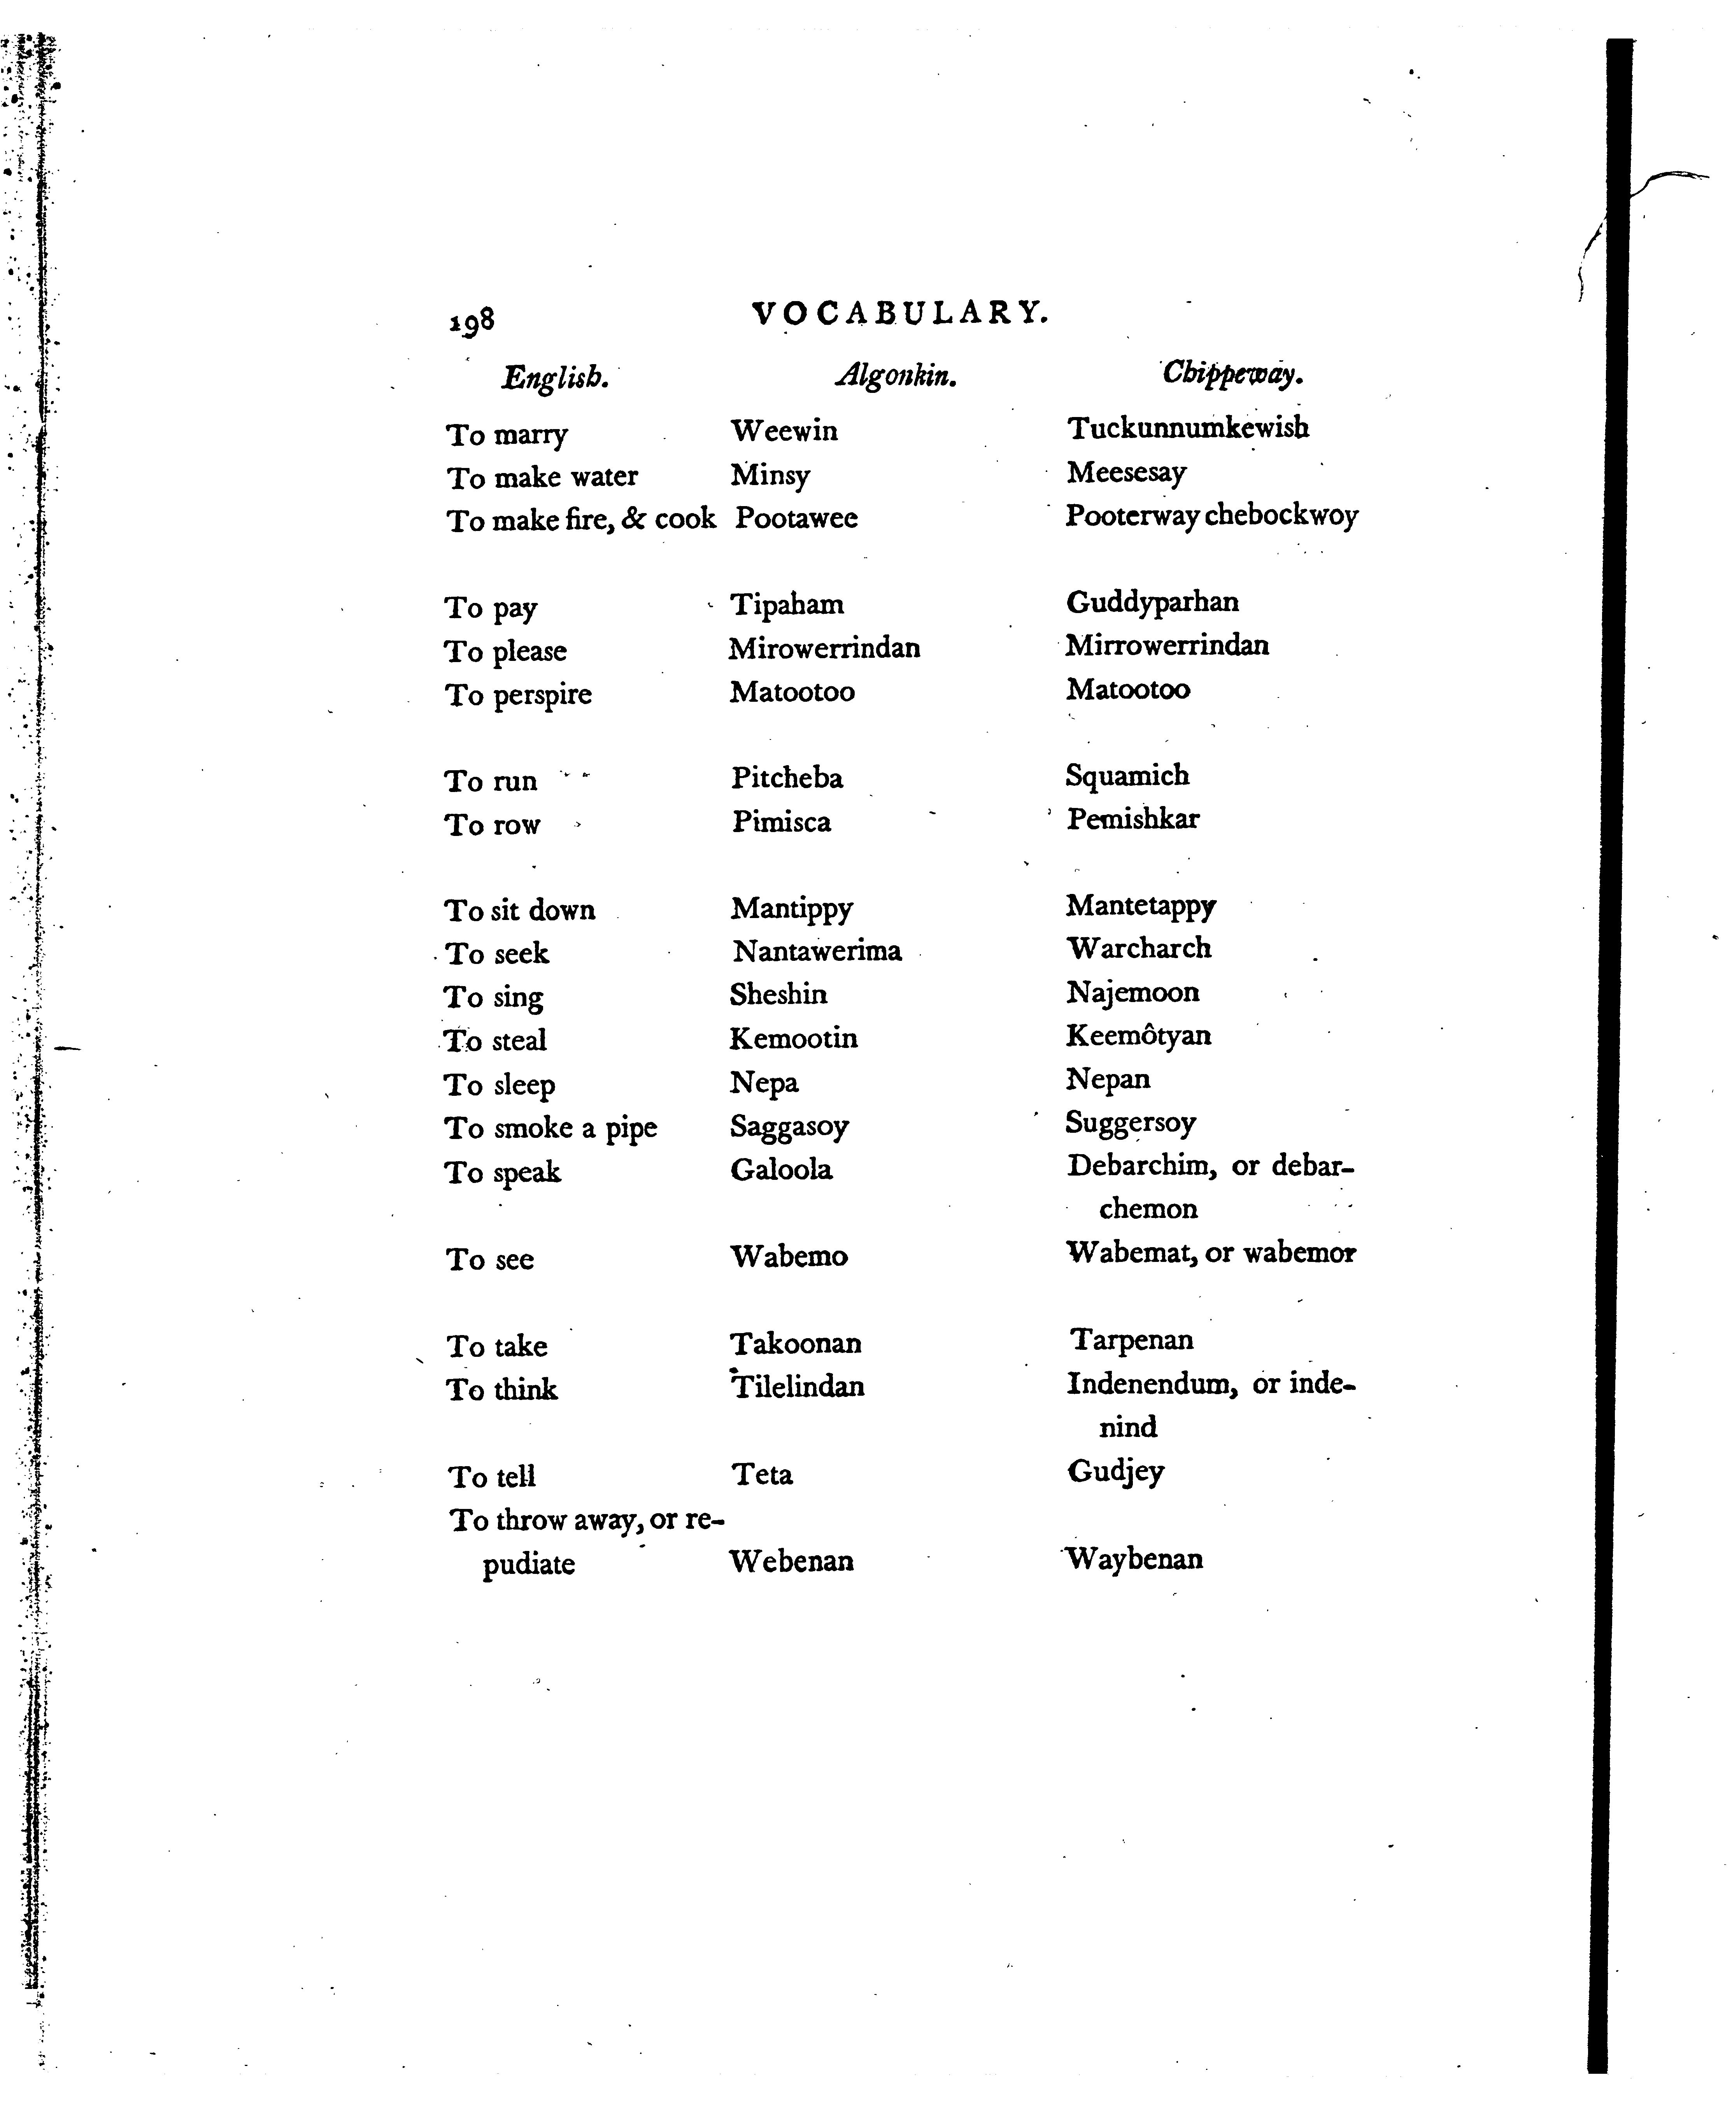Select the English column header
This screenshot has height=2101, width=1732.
pyautogui.click(x=555, y=378)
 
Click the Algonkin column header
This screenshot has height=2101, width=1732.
pyautogui.click(x=896, y=375)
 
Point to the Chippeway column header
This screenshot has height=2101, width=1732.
pyautogui.click(x=1233, y=373)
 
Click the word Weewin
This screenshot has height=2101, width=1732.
pyautogui.click(x=784, y=431)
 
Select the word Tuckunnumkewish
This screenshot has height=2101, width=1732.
pyautogui.click(x=1187, y=428)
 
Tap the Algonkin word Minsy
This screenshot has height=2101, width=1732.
pyautogui.click(x=770, y=475)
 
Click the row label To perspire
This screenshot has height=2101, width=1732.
pyautogui.click(x=518, y=694)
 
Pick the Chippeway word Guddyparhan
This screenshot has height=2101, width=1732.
pyautogui.click(x=1152, y=603)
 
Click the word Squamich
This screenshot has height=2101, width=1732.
pyautogui.click(x=1127, y=775)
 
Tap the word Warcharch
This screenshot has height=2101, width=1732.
pyautogui.click(x=1138, y=948)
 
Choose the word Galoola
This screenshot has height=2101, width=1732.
pyautogui.click(x=781, y=1169)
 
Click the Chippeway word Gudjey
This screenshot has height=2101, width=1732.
pyautogui.click(x=1115, y=1472)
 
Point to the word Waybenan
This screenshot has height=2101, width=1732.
pyautogui.click(x=1134, y=1558)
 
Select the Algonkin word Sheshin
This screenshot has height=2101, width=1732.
pyautogui.click(x=778, y=995)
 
